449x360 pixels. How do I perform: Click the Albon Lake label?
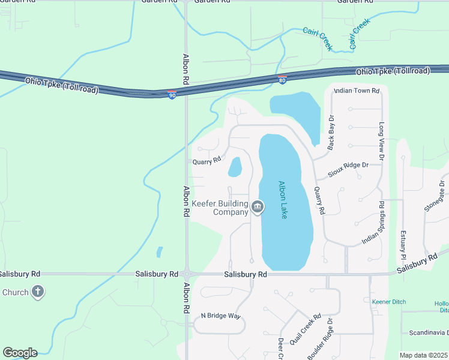283,200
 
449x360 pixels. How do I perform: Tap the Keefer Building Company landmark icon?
258,207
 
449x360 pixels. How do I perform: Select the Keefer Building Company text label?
220,208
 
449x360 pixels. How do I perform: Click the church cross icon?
37,292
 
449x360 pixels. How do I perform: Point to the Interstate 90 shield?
172,95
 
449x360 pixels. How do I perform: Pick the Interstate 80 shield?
283,79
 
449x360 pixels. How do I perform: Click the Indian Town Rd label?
357,91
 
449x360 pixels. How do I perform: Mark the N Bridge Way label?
220,316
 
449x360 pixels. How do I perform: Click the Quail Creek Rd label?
305,329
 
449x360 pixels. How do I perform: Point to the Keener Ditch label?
389,301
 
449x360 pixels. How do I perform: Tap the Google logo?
20,353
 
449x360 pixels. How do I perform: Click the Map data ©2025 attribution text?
423,355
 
